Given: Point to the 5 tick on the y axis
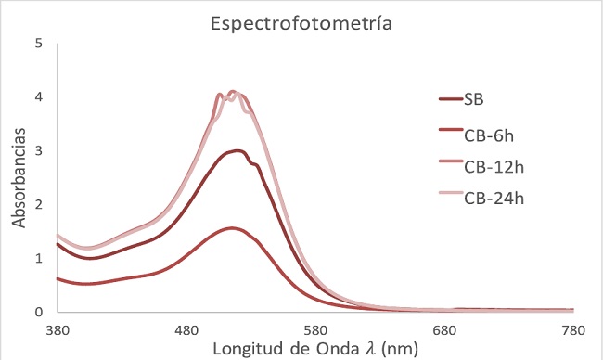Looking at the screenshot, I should coord(38,44).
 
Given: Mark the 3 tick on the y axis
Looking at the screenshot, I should coord(38,150).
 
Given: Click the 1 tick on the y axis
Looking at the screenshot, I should coord(38,259).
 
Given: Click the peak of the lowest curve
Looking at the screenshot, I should coord(231,228).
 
